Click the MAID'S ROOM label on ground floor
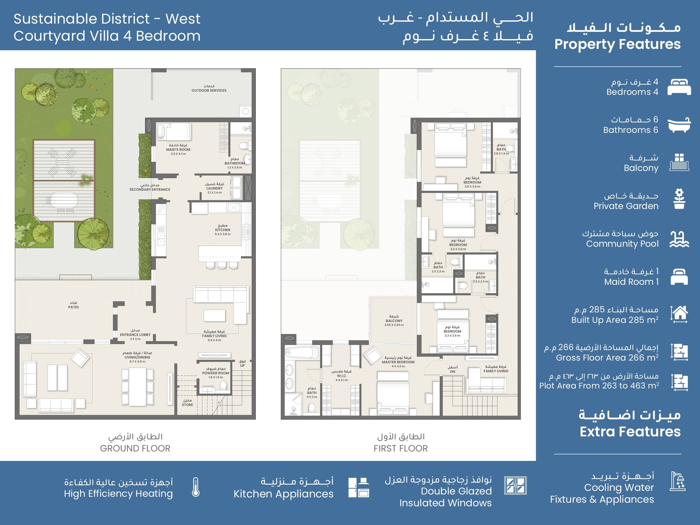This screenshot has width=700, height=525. click(x=178, y=150)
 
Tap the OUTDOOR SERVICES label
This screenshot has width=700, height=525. click(x=209, y=91)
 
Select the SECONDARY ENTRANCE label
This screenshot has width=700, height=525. click(x=150, y=190)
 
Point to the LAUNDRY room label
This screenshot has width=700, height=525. click(x=215, y=188)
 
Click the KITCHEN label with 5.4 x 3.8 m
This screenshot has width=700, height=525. click(x=223, y=230)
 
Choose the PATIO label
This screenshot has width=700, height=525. click(x=73, y=307)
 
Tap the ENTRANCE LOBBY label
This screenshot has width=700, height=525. click(x=135, y=335)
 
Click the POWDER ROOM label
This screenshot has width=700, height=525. click(x=216, y=373)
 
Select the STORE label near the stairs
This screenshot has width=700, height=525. click(x=187, y=405)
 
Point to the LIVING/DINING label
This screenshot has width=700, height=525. click(x=137, y=357)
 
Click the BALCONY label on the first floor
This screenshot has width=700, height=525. click(x=394, y=321)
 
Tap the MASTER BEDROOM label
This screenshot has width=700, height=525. click(x=398, y=362)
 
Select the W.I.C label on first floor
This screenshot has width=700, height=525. click(x=341, y=376)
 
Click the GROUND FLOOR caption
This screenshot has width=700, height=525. click(x=135, y=449)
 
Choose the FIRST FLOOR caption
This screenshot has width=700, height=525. click(x=401, y=449)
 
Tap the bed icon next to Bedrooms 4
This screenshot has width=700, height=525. click(x=679, y=87)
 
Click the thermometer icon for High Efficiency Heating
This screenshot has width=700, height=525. click(x=196, y=487)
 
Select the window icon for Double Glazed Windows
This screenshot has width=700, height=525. click(x=515, y=486)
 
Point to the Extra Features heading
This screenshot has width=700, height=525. click(x=630, y=432)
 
